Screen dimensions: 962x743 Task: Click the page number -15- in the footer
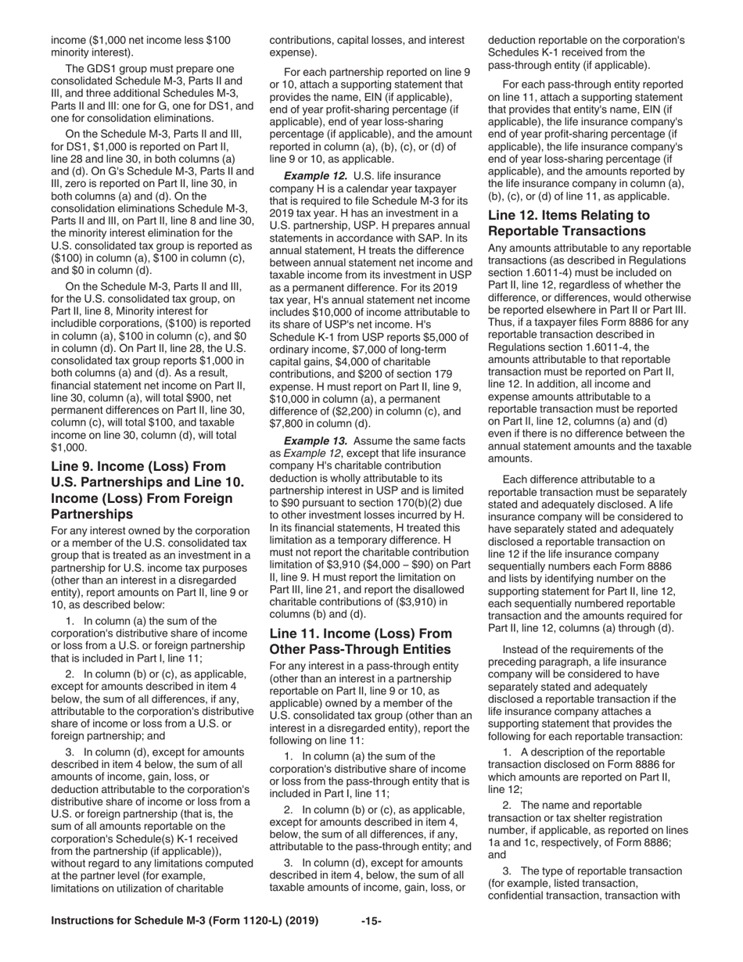[x=371, y=921]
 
